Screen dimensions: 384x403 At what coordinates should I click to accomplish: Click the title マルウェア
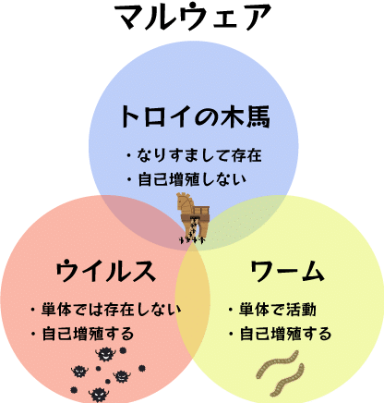[x=193, y=17]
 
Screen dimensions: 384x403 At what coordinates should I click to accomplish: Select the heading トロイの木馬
[x=195, y=116]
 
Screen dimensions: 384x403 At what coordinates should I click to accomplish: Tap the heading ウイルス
[x=105, y=271]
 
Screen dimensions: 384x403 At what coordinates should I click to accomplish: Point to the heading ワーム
[x=287, y=271]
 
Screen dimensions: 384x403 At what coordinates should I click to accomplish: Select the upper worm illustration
[x=278, y=364]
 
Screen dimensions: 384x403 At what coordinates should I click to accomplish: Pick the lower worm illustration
[x=287, y=380]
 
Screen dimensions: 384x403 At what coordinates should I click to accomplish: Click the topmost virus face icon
[x=105, y=354]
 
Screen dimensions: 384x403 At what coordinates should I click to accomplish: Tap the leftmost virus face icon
[x=79, y=372]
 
